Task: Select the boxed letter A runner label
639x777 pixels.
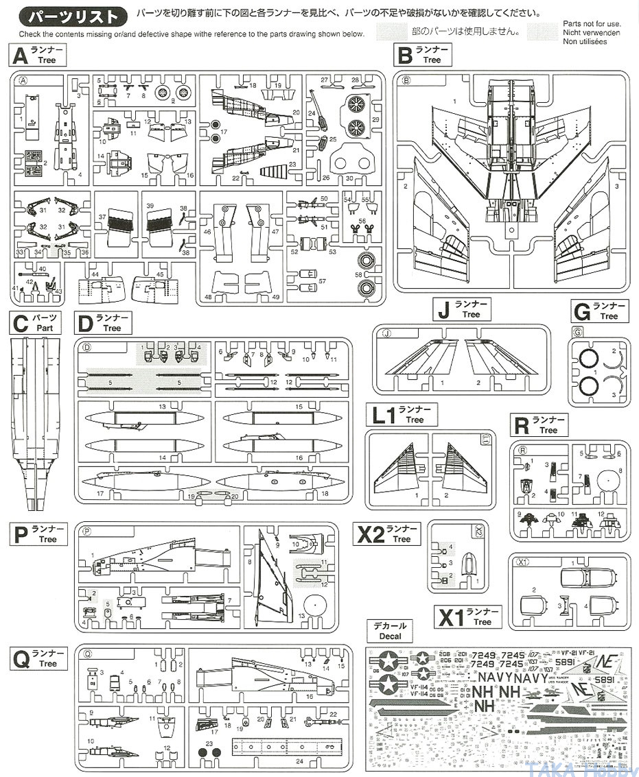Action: (x=38, y=54)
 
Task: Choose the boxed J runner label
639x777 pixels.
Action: (x=462, y=309)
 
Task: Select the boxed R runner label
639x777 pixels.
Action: (x=539, y=425)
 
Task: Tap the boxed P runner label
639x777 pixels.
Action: (x=38, y=534)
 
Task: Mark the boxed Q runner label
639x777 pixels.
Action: (x=38, y=658)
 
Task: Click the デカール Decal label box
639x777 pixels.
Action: (x=391, y=631)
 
